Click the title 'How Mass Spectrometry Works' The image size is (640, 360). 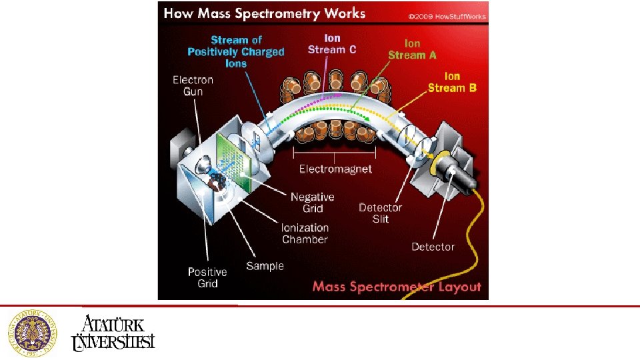coord(264,13)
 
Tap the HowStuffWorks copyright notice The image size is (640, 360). coord(444,16)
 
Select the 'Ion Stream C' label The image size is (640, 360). coord(332,44)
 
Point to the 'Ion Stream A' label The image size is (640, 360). coord(412,49)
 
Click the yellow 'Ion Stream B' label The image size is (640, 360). coord(452,82)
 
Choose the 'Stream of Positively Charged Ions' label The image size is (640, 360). coord(236,52)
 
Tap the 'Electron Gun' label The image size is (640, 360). coord(193,85)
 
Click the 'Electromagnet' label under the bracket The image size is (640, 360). coord(335,169)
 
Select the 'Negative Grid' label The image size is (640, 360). coord(312,203)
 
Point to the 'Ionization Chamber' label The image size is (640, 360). coord(305,233)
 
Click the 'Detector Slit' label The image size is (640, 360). coord(380,213)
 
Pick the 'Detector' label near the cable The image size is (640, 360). coord(433,247)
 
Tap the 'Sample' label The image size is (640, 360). coord(265,266)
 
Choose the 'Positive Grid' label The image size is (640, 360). coord(207,277)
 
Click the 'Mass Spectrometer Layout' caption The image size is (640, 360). coord(397,287)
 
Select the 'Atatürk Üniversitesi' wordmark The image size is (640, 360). coord(113,332)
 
